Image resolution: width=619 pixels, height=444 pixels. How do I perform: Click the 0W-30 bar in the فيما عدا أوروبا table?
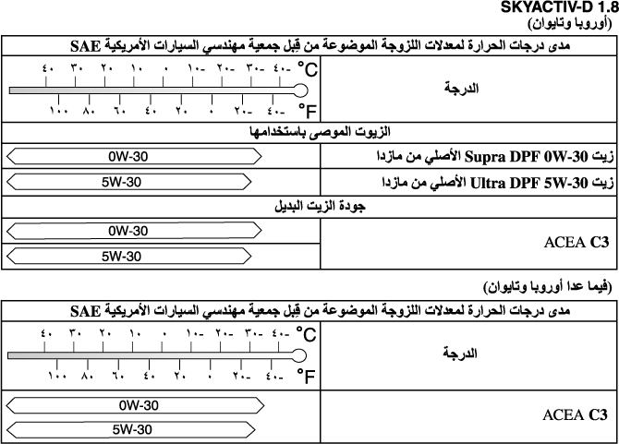135,404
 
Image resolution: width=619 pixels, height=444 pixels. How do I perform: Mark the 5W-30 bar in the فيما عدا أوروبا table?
135,429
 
